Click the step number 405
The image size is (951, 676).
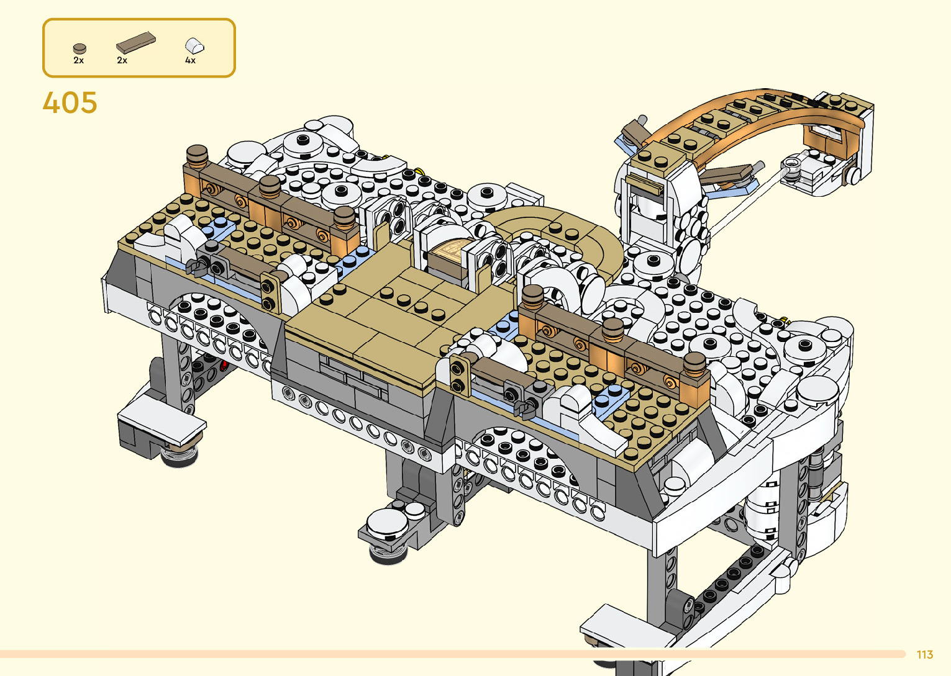(70, 102)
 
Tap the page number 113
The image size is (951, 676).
(925, 655)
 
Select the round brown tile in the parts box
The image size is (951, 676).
(80, 48)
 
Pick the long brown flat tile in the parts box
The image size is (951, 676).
(136, 42)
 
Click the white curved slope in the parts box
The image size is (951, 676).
(194, 45)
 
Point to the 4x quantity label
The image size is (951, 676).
(190, 60)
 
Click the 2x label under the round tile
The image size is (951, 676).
(78, 60)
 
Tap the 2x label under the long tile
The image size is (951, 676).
(122, 60)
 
